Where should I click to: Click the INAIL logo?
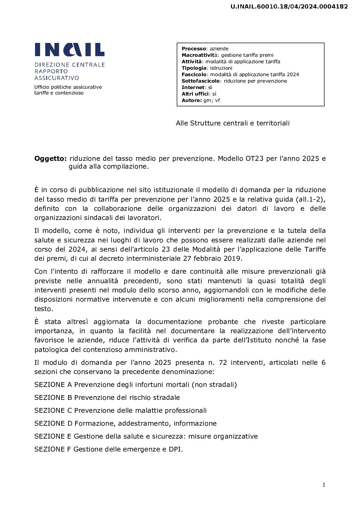coord(69,50)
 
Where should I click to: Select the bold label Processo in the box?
coord(194,49)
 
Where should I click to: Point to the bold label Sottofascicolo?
coord(200,81)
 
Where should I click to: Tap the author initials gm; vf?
coord(212,100)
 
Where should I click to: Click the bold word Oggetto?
coord(50,158)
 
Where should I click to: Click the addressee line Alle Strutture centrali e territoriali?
coord(232,123)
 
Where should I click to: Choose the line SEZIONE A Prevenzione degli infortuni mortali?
coord(135,385)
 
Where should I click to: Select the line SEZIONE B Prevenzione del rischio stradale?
coord(107,397)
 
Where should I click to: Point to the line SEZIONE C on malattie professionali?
coord(120,410)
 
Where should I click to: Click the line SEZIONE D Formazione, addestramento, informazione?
coord(125,423)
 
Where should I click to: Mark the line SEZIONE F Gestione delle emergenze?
coord(109,449)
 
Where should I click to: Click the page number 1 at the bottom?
coord(324,485)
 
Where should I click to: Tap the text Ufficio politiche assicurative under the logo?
coord(68,87)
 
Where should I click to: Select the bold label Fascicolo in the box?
coord(194,74)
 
